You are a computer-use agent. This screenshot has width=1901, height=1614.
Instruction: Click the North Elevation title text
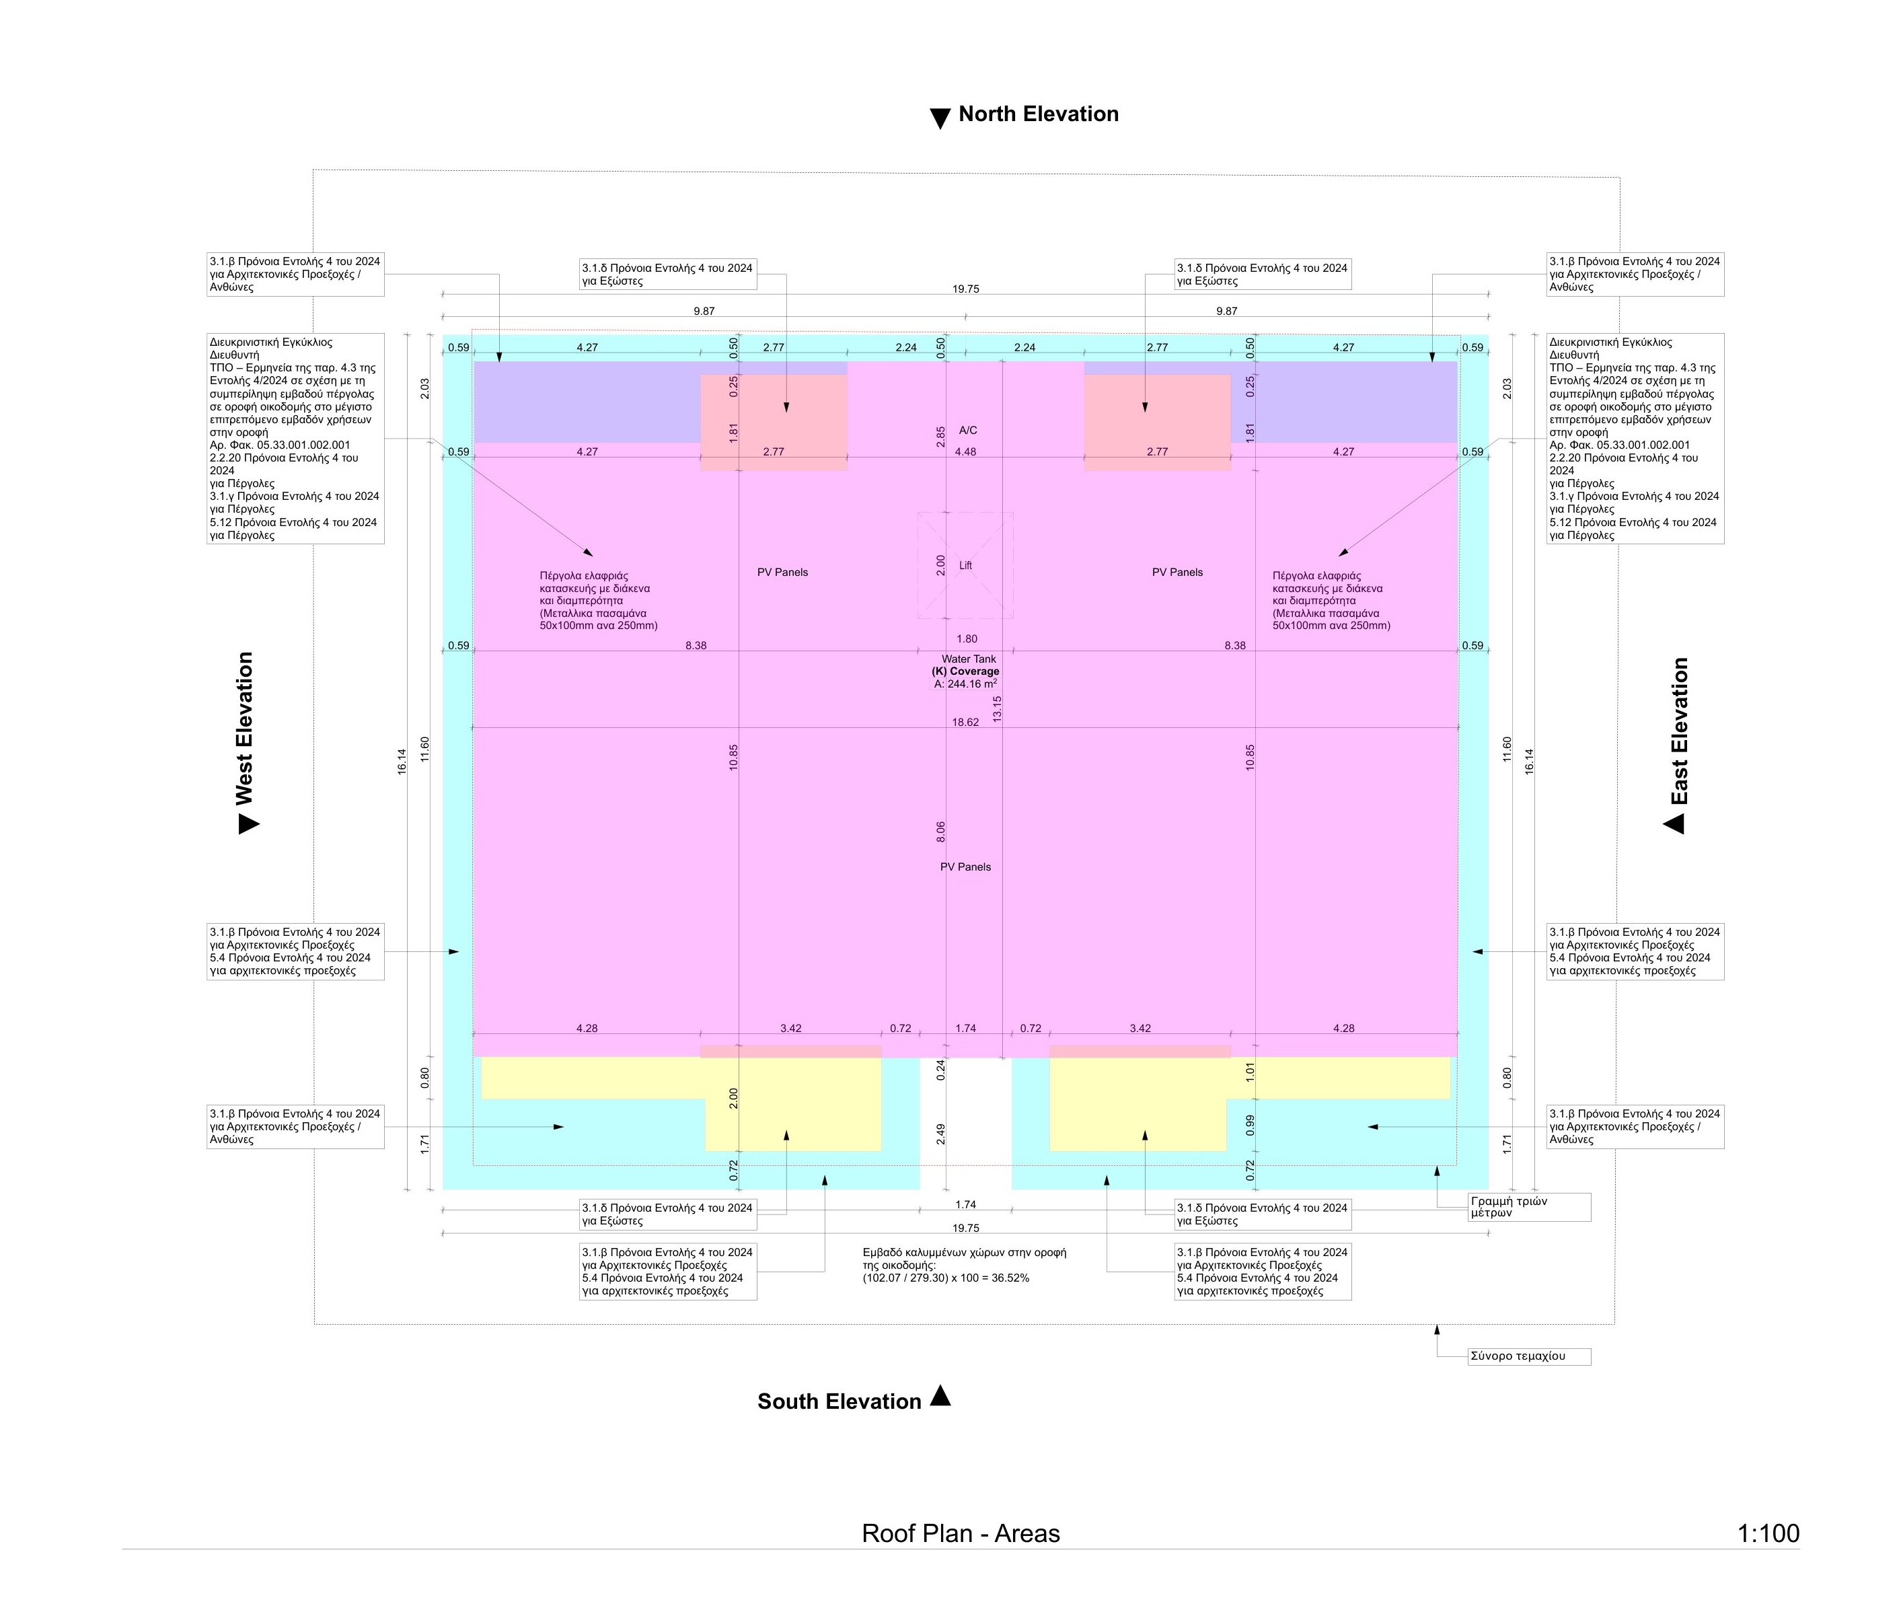1039,114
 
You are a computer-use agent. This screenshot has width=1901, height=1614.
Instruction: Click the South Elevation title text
839,1401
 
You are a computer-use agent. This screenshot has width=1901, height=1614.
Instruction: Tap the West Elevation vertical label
244,729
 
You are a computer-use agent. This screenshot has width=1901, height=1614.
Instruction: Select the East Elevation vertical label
1680,731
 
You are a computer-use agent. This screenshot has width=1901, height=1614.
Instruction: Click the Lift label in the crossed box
965,565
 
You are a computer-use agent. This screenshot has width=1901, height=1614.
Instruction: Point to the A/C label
968,430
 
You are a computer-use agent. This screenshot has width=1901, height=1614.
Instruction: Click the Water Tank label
969,659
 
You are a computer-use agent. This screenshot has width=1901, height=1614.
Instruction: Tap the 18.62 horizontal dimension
965,722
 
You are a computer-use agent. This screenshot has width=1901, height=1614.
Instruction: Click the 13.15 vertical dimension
997,709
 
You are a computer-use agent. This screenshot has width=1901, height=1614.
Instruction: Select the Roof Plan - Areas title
961,1533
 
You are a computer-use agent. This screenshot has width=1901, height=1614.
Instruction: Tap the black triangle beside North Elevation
940,118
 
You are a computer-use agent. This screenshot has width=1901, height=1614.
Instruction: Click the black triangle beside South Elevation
940,1395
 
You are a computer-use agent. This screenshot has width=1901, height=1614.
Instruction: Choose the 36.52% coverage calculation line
946,1278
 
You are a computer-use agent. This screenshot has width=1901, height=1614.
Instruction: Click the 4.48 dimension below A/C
965,452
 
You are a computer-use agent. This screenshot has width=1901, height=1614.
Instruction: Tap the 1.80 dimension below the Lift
966,638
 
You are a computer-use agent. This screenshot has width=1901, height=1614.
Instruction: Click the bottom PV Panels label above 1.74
965,867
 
